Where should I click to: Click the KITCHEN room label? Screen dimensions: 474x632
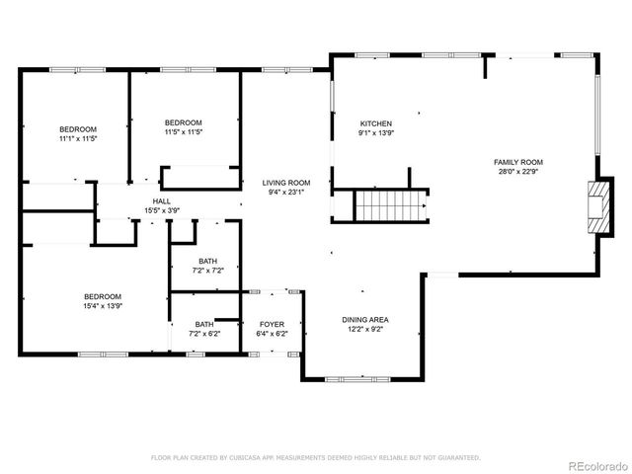[x=375, y=123]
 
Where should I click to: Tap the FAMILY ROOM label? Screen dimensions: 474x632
[x=518, y=162]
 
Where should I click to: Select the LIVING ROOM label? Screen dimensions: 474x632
[x=285, y=183]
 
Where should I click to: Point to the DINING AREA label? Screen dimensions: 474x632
[x=365, y=320]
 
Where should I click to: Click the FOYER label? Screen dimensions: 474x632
[x=273, y=324]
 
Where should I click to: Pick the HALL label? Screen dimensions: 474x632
[x=161, y=200]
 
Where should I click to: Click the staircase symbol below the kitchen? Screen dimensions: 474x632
[x=389, y=206]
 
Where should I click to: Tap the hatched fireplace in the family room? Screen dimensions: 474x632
[x=595, y=206]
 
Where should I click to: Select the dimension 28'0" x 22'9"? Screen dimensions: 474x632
[x=518, y=172]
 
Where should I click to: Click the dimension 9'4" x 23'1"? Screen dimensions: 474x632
[x=285, y=193]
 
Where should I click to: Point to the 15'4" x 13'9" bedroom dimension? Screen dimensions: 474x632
[x=102, y=306]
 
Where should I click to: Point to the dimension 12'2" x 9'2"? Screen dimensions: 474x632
[x=365, y=330]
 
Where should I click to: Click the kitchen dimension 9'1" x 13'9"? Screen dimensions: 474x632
[x=375, y=133]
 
